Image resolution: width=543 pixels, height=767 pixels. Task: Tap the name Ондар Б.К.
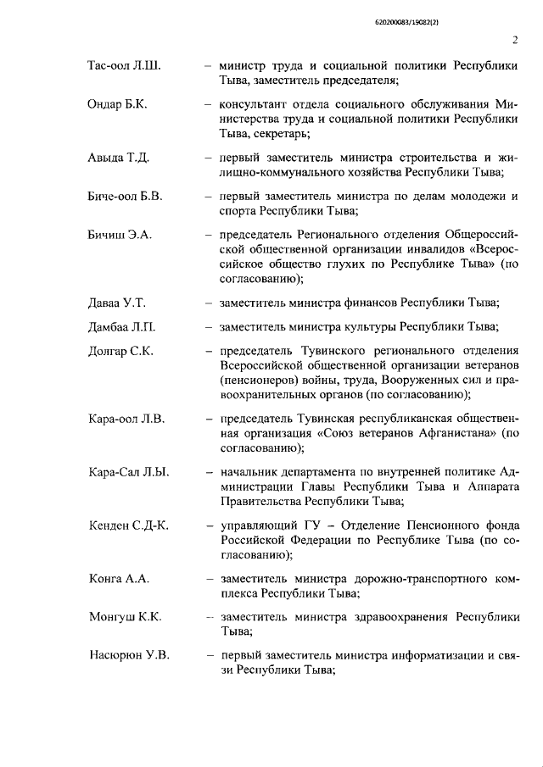point(121,105)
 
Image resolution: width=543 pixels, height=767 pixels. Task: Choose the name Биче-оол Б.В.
point(125,197)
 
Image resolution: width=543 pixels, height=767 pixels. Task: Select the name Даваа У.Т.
point(119,303)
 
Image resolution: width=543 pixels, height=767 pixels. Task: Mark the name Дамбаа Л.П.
point(122,327)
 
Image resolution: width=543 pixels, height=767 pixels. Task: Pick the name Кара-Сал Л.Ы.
point(128,471)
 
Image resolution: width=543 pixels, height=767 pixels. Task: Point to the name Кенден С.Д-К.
point(129,525)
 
